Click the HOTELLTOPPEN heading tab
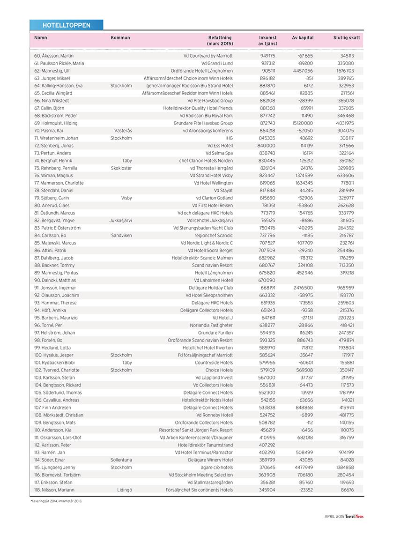(66, 25)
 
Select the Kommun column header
(120, 37)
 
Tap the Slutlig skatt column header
(347, 37)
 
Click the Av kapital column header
(303, 37)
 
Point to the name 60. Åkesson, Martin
(54, 56)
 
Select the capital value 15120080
(301, 123)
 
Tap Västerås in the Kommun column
(123, 131)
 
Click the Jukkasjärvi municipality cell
(120, 220)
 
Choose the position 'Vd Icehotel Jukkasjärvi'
(210, 220)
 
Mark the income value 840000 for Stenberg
(267, 146)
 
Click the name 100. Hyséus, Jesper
(54, 355)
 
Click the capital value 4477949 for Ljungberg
(303, 468)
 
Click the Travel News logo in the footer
(355, 516)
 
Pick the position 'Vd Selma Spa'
(219, 153)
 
